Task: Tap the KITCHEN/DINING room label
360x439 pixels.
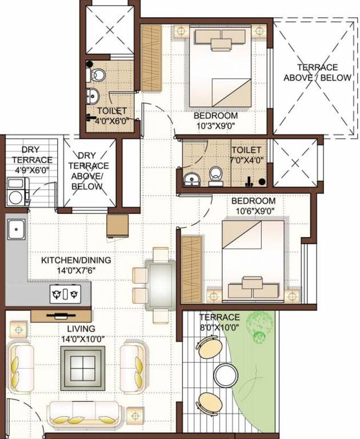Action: point(76,260)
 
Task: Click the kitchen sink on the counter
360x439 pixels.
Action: point(15,230)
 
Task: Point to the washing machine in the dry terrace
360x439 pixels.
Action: point(17,191)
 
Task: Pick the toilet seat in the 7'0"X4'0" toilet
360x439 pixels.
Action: point(216,176)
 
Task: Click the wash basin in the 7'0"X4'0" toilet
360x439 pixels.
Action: point(190,179)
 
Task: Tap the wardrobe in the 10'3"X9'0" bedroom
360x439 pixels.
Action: point(151,57)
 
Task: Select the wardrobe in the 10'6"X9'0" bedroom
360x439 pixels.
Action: point(191,269)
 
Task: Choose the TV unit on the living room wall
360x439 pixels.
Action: point(60,314)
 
